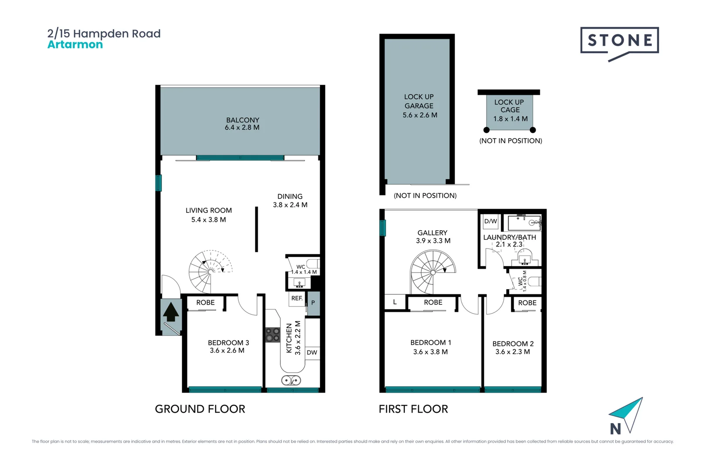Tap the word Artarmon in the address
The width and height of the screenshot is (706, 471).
coord(75,44)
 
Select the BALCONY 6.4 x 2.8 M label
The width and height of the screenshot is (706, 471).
coord(242,123)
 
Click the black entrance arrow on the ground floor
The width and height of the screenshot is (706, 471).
coord(171,312)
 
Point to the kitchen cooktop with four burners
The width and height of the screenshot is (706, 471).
coord(273,335)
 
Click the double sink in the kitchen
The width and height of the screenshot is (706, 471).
coord(291,380)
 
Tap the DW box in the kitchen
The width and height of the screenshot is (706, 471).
coord(312,352)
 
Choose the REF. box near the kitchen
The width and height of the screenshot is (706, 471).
coord(297,298)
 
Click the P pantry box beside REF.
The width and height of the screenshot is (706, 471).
coord(313,303)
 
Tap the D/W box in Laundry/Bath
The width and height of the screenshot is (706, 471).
coord(490,222)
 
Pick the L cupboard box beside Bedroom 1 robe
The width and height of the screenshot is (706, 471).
coord(395,302)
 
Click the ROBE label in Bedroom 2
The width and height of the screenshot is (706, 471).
coord(527,303)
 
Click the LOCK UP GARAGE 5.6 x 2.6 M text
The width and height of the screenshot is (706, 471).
coord(419,106)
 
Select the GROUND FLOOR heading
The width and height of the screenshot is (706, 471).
coord(200,409)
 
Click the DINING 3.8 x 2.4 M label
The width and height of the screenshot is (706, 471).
coord(290,201)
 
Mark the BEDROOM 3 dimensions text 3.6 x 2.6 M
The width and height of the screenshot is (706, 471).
coord(227,351)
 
